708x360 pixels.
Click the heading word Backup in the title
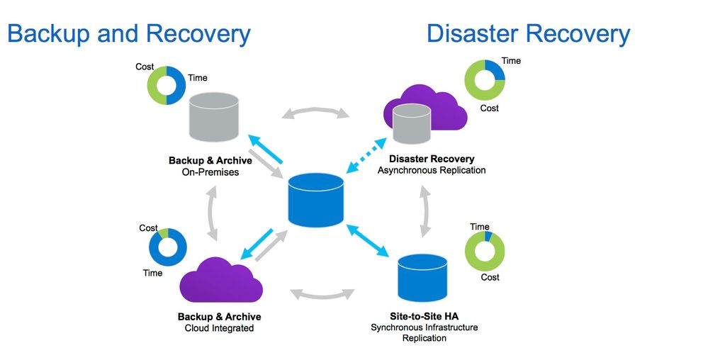50,33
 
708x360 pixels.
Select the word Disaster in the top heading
473,33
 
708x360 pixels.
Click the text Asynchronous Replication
432,170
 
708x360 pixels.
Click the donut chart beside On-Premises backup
167,86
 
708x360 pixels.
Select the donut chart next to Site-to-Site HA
485,251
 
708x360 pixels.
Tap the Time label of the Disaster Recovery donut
511,61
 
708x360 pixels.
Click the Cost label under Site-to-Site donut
490,277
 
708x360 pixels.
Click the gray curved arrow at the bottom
322,293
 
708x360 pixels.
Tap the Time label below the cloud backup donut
152,273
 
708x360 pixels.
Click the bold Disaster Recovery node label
432,159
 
